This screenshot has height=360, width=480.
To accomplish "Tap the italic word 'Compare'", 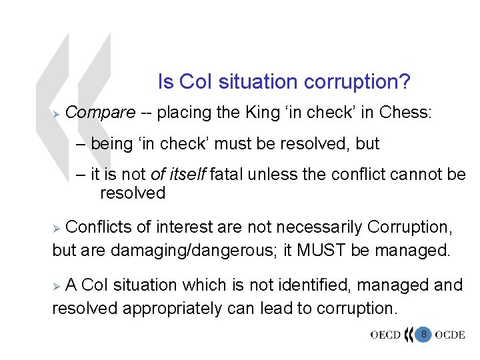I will click(x=101, y=112).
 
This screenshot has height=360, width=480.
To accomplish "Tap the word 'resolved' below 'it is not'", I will click(x=133, y=193).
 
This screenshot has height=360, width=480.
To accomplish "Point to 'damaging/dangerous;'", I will click(x=178, y=251).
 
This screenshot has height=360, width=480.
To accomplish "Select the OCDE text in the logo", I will click(x=450, y=335).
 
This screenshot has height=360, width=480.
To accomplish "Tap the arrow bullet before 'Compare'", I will click(x=57, y=113).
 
